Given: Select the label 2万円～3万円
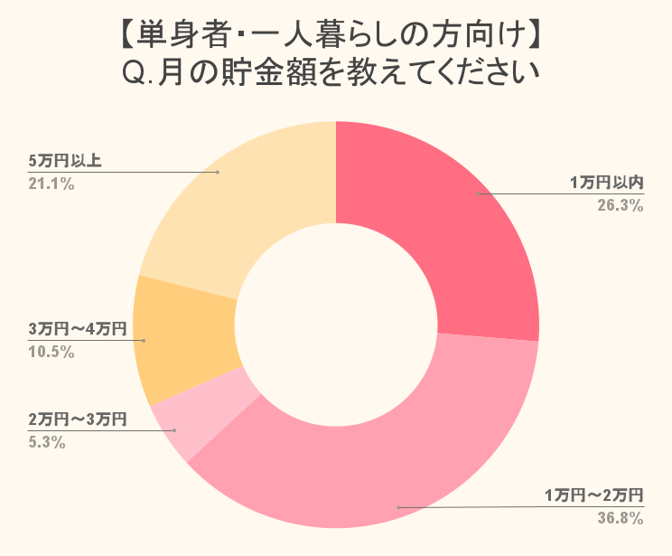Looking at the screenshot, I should tap(77, 419).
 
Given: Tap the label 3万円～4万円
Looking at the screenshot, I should tap(77, 328).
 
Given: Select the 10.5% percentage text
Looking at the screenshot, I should tap(51, 351).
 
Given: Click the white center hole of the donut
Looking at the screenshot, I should tap(336, 325).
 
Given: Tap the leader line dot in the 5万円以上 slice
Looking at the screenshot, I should tap(218, 171).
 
